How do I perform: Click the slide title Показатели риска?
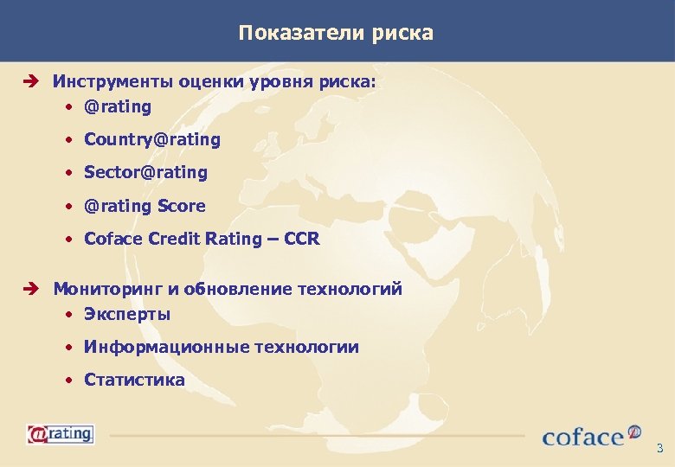(x=337, y=34)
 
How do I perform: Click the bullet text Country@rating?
(x=152, y=139)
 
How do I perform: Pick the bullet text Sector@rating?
(x=145, y=172)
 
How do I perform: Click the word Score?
(x=182, y=206)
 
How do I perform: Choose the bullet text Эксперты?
(x=127, y=314)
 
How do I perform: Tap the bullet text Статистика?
(x=134, y=380)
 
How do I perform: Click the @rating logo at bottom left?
(x=60, y=432)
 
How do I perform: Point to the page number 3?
(x=659, y=448)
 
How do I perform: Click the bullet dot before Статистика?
(x=68, y=381)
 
